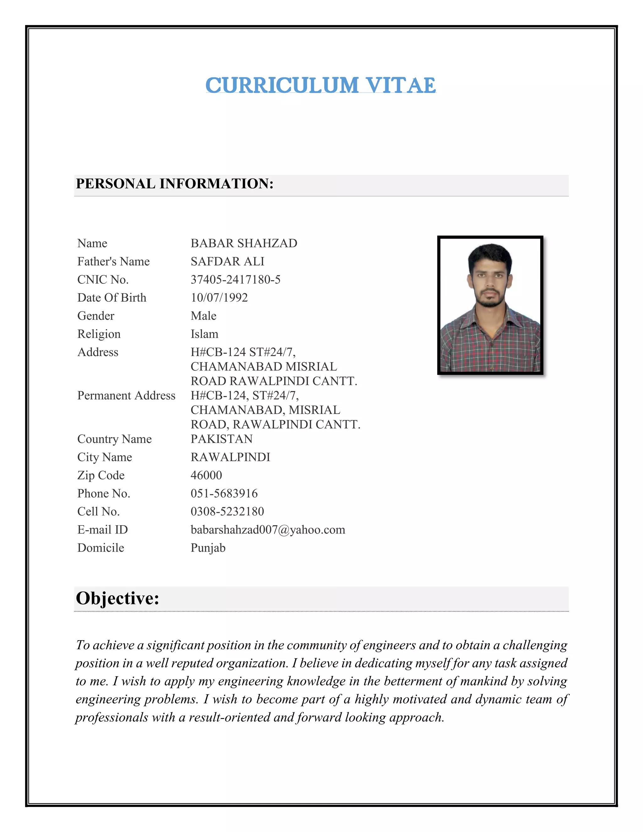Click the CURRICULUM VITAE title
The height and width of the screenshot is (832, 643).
pos(320,85)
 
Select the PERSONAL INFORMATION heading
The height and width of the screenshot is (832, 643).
pos(175,184)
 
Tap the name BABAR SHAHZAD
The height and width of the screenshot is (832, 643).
pos(244,243)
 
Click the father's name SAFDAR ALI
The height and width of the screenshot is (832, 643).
pos(227,261)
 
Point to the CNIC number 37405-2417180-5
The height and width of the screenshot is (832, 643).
pos(235,280)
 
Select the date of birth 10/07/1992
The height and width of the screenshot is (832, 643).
pos(219,298)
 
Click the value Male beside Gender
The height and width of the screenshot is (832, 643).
pos(203,316)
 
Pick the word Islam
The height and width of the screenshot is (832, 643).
pos(205,334)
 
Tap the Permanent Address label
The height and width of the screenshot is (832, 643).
pos(126,395)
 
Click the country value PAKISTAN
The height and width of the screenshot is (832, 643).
pos(222,439)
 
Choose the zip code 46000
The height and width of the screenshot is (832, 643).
pos(206,475)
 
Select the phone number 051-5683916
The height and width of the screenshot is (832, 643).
pos(224,493)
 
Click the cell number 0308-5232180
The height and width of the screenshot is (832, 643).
pos(227,511)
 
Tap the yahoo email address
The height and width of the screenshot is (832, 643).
pos(268,530)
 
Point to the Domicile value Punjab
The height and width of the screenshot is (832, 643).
pos(208,548)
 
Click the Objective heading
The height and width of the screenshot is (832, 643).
pos(117,598)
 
